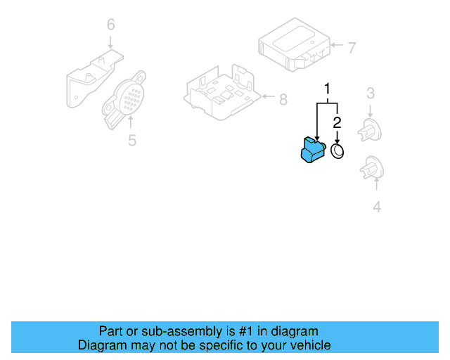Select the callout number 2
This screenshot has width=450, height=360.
coord(337,123)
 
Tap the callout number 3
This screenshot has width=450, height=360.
coord(370,92)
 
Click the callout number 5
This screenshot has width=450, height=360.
coord(132,141)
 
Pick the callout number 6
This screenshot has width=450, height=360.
coord(110,25)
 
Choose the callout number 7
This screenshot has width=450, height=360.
coord(352,48)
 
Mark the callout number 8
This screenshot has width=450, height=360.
coord(283,100)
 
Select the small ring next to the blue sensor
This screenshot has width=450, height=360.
coord(338,150)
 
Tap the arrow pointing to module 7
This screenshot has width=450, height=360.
coord(336,48)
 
